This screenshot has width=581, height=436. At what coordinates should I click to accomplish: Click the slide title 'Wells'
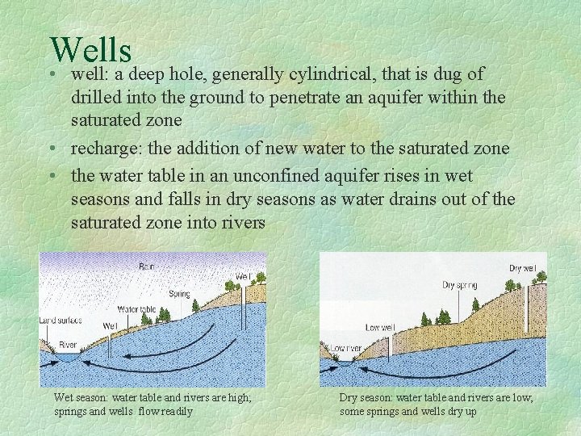(90, 49)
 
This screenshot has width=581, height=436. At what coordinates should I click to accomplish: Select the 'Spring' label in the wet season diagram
(179, 294)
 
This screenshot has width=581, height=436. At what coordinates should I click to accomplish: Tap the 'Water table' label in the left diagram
(136, 309)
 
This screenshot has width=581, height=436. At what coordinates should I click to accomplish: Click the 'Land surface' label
(61, 321)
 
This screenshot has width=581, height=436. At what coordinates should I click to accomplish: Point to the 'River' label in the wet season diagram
(68, 345)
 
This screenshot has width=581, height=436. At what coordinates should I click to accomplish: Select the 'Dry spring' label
(459, 285)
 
